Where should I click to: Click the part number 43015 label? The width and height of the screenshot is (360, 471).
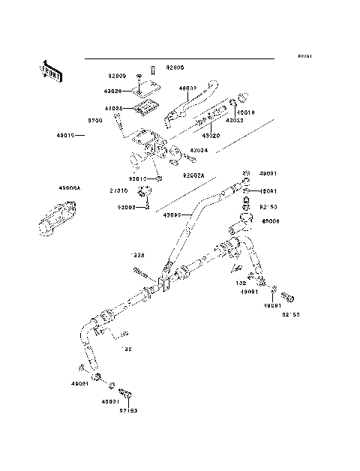coord(66,136)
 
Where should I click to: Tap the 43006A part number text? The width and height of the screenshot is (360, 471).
coord(49,189)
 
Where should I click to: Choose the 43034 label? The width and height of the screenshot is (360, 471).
coord(198,150)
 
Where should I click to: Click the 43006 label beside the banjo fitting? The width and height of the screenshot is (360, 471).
coord(271,221)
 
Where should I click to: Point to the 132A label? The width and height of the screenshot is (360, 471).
coord(138,255)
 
